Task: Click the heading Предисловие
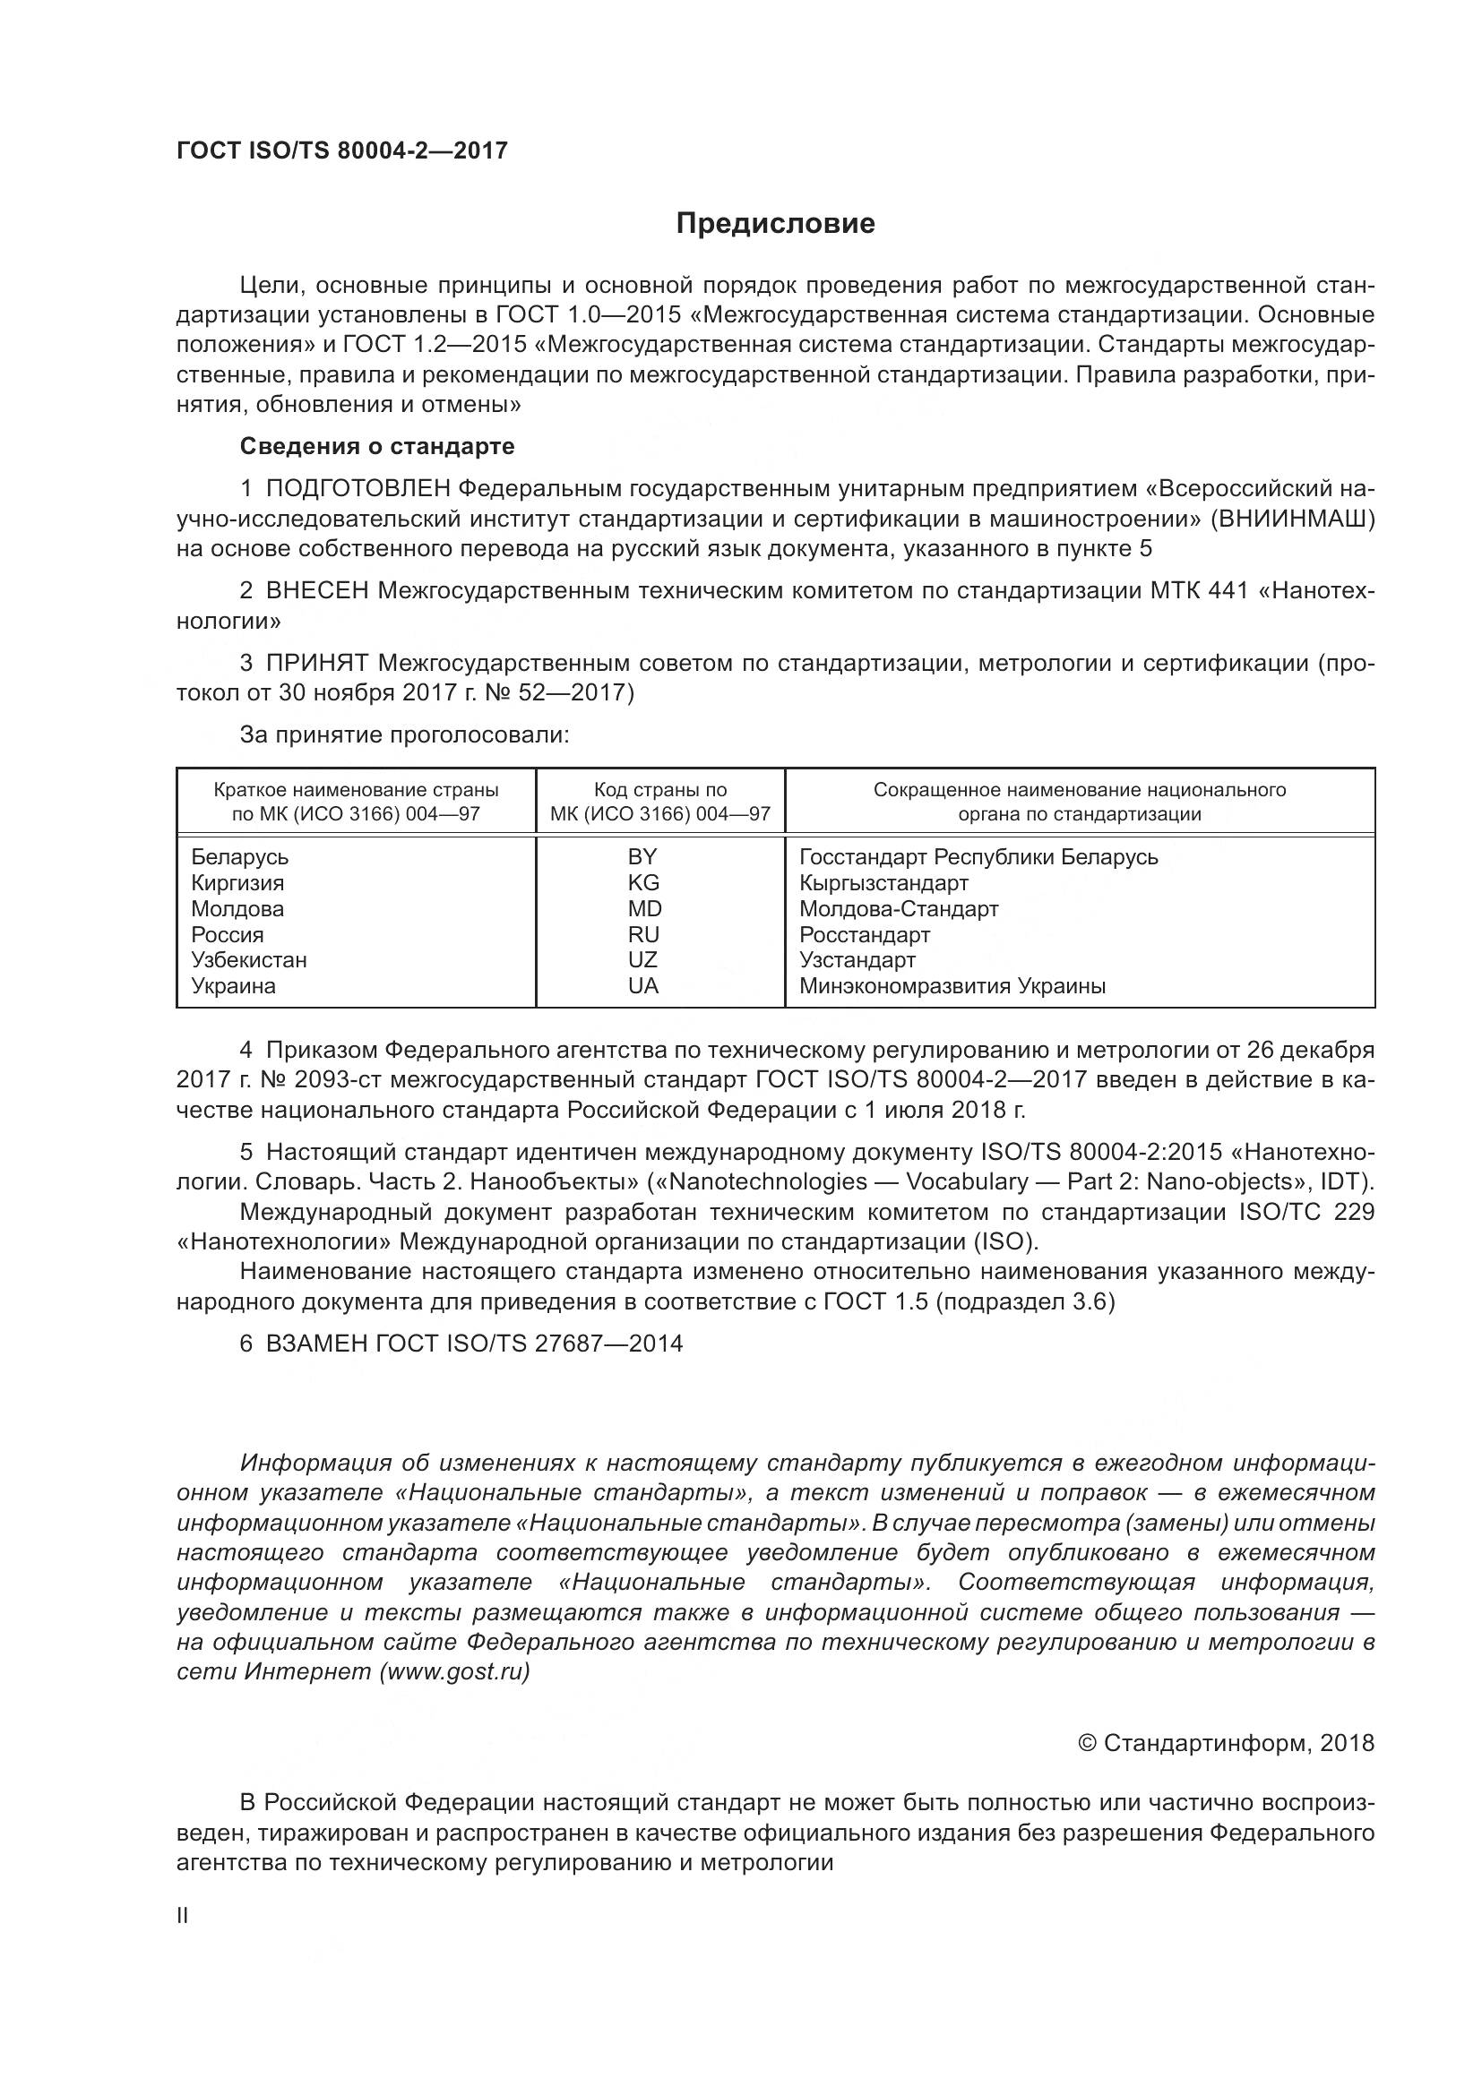coord(775,224)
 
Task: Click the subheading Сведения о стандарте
coord(376,446)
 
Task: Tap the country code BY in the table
coord(642,857)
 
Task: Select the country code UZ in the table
coord(642,960)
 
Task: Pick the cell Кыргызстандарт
coord(883,882)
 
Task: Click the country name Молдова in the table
coord(237,909)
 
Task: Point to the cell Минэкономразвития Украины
coord(952,985)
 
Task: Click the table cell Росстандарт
coord(864,934)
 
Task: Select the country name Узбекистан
coord(248,960)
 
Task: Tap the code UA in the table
coord(642,985)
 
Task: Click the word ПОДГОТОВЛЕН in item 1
coord(358,488)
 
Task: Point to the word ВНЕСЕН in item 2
coord(316,590)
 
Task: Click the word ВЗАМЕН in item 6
coord(316,1344)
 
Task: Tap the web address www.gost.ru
coord(453,1671)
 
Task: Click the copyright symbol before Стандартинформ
coord(1086,1744)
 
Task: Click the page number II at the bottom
coord(183,1916)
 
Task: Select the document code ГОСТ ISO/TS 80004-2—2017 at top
coord(341,150)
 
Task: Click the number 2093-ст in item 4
coord(347,1079)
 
